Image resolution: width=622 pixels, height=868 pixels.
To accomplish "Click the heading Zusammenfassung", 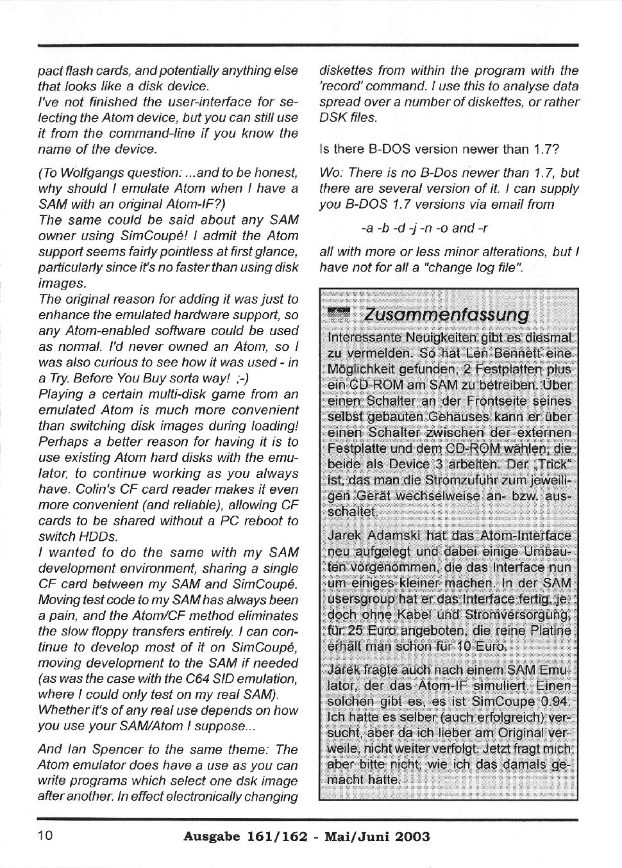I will coord(446,315).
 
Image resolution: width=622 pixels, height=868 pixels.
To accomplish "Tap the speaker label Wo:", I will coord(331,173).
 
